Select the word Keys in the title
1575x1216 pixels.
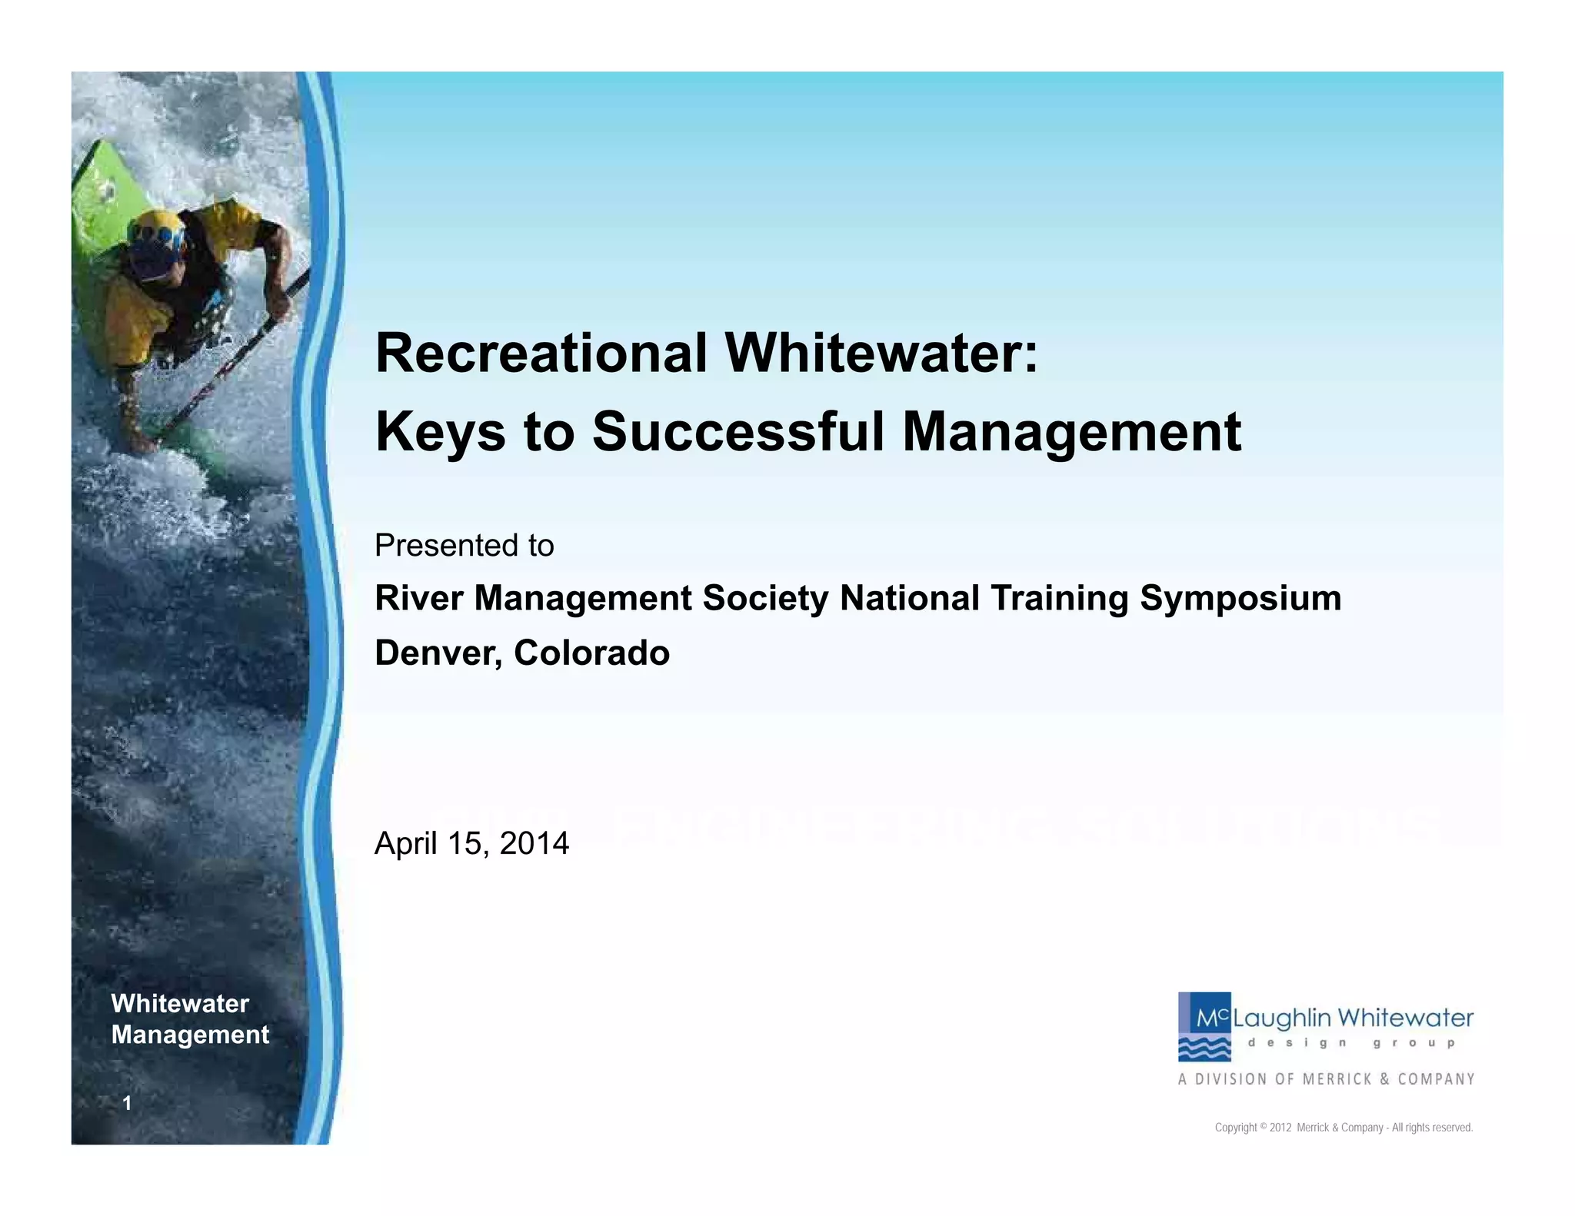click(x=440, y=432)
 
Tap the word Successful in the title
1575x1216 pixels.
click(x=738, y=432)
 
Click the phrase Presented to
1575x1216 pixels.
click(x=464, y=546)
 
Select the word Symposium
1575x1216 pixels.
click(x=1240, y=599)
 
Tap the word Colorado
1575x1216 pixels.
click(x=591, y=653)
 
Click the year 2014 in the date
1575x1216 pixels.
click(x=534, y=843)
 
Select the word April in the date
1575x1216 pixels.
click(x=405, y=843)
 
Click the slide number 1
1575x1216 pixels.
click(x=127, y=1103)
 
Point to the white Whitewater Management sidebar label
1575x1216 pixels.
click(x=190, y=1018)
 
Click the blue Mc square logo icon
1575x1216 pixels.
click(x=1204, y=1026)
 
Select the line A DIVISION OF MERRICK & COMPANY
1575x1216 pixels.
click(x=1326, y=1079)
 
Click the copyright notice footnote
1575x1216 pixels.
click(x=1343, y=1128)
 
